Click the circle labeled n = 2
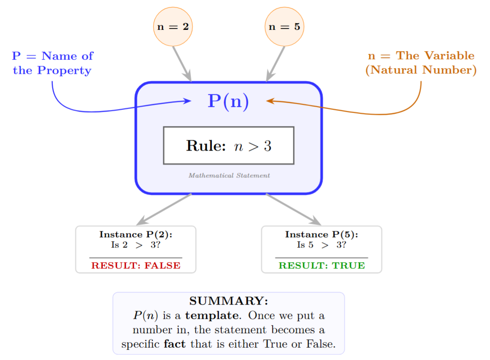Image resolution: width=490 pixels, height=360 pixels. [x=173, y=27]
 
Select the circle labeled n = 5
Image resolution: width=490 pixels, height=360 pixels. [x=284, y=27]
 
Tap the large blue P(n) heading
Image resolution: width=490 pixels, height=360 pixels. [x=228, y=101]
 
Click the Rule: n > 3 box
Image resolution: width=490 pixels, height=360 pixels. [x=228, y=146]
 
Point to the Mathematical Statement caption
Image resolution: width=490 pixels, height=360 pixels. [x=229, y=176]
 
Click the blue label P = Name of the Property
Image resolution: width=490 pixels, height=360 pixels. [x=52, y=63]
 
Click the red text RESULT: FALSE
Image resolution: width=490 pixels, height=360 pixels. [x=136, y=265]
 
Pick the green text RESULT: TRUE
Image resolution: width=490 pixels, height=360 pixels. [x=322, y=265]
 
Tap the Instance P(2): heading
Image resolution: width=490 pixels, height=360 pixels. [x=136, y=234]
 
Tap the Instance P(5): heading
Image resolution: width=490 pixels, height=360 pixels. [x=322, y=234]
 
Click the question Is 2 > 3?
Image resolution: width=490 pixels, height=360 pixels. [x=136, y=245]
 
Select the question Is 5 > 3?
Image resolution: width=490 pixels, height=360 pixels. [x=322, y=245]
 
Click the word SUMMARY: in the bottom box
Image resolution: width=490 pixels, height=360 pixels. [x=228, y=301]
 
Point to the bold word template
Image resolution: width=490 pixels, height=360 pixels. [x=212, y=316]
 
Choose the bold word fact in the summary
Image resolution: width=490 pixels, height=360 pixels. [x=175, y=344]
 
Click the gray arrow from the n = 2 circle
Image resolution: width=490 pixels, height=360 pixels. [x=182, y=64]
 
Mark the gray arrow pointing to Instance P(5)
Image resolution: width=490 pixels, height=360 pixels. [x=293, y=209]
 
